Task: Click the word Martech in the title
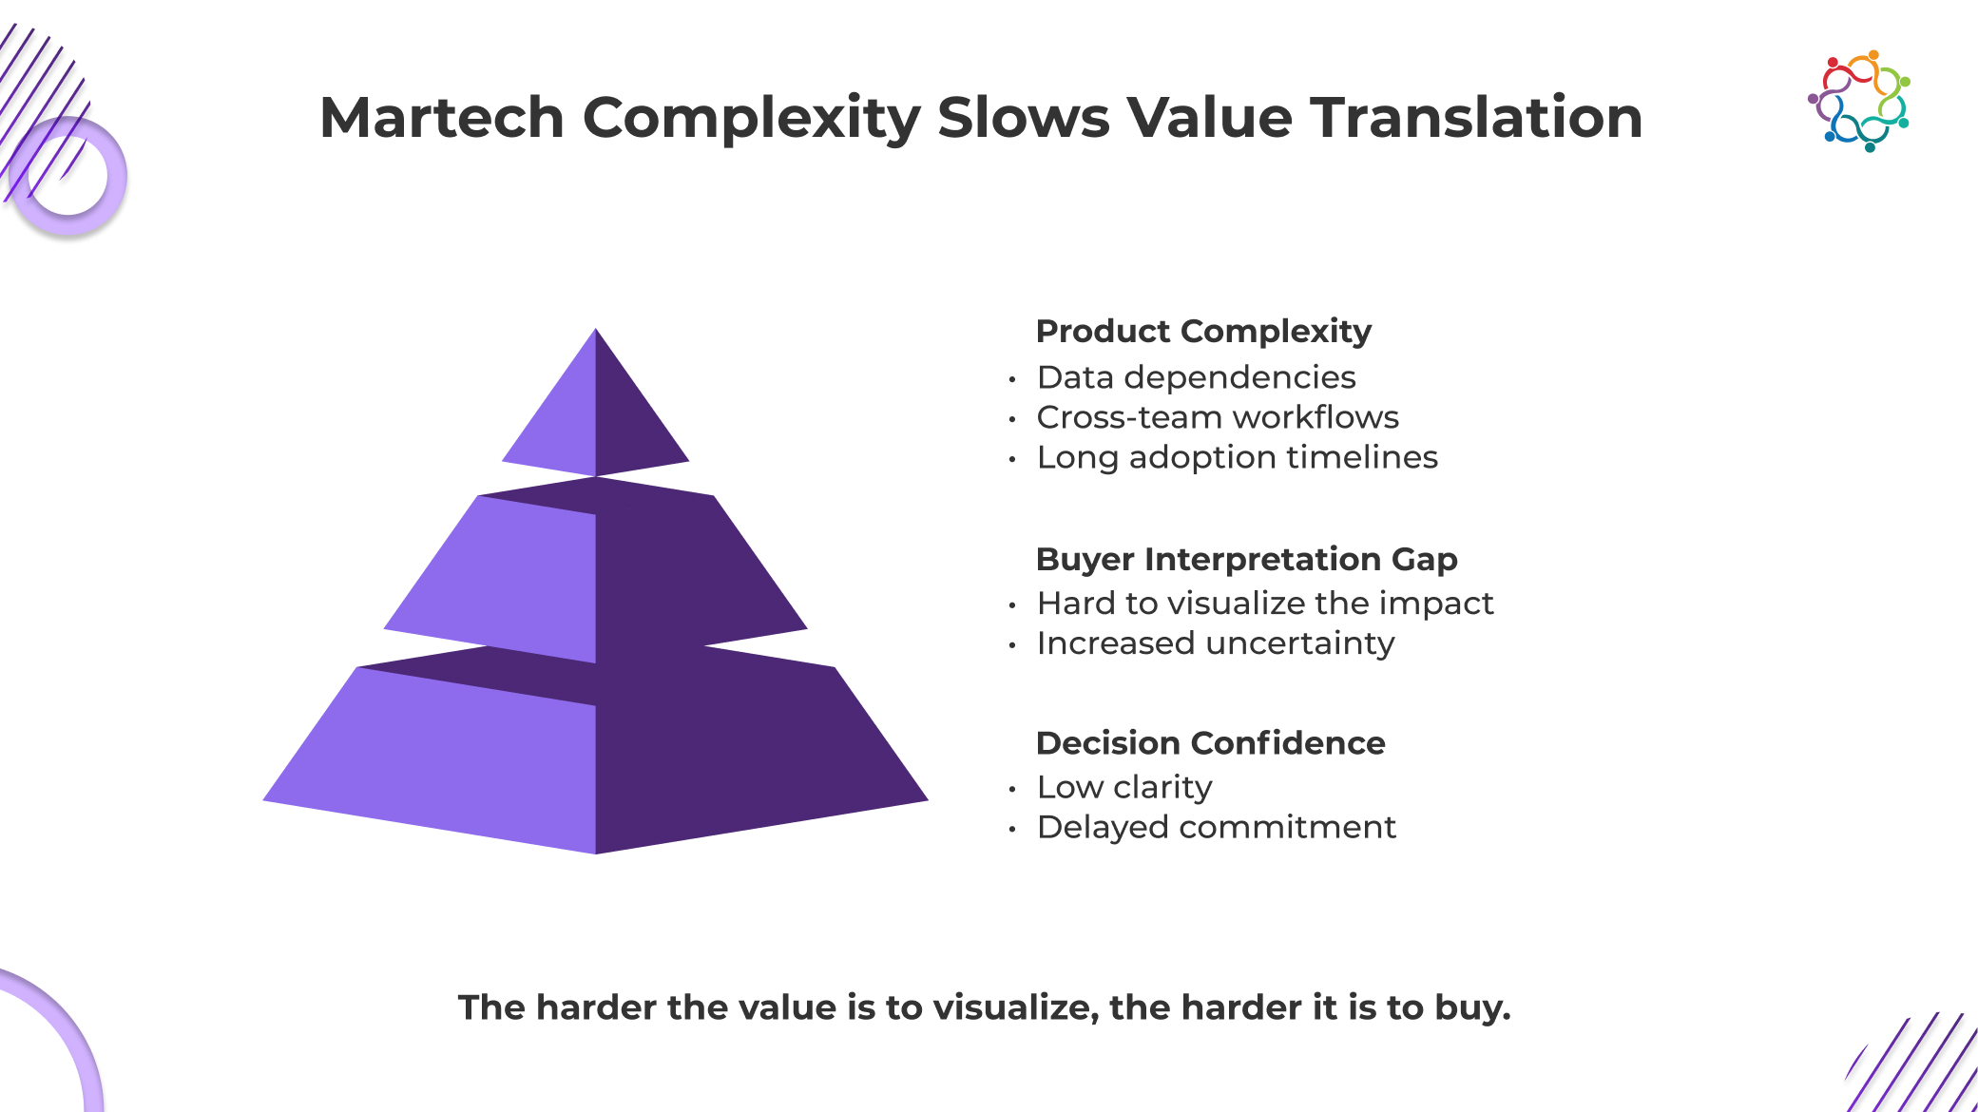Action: pyautogui.click(x=442, y=117)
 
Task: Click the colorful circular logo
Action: pyautogui.click(x=1859, y=101)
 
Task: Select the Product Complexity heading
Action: pyautogui.click(x=1203, y=331)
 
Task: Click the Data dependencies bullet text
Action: pyautogui.click(x=1196, y=377)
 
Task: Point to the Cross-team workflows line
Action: pyautogui.click(x=1218, y=417)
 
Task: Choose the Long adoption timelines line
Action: pyautogui.click(x=1237, y=457)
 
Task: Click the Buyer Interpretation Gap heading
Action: pyautogui.click(x=1246, y=559)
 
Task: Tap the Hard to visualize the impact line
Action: pyautogui.click(x=1265, y=603)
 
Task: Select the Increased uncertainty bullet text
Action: pyautogui.click(x=1216, y=643)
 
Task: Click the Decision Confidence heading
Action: pyautogui.click(x=1210, y=742)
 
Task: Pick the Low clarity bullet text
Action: pyautogui.click(x=1124, y=787)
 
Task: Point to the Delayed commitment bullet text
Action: pyautogui.click(x=1217, y=827)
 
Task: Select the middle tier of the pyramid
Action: pyautogui.click(x=596, y=570)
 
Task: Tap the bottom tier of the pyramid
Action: pyautogui.click(x=596, y=751)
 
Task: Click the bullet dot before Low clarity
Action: pyautogui.click(x=1012, y=789)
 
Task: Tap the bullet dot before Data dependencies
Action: pyautogui.click(x=1012, y=379)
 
